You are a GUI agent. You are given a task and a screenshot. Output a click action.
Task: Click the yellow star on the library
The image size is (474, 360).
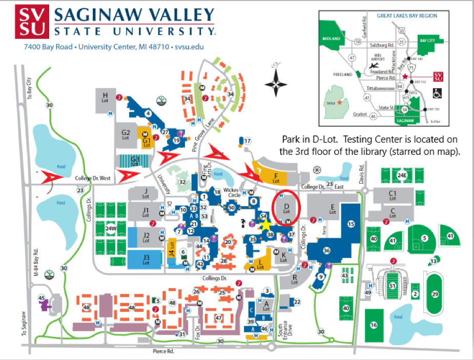click(265, 224)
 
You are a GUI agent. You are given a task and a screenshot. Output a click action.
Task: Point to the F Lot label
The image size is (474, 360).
click(276, 178)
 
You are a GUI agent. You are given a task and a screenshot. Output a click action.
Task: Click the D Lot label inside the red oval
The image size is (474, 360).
click(286, 208)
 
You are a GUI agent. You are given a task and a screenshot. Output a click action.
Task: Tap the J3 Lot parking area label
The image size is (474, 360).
click(146, 259)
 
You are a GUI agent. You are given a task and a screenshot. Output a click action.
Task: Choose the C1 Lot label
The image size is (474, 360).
click(393, 195)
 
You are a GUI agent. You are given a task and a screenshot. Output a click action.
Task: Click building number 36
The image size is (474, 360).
click(326, 250)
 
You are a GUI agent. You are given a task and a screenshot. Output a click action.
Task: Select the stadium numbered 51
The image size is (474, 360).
click(393, 286)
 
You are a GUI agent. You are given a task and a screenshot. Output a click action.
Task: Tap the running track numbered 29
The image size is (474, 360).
click(436, 293)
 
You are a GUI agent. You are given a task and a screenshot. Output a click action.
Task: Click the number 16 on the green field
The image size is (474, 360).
click(374, 325)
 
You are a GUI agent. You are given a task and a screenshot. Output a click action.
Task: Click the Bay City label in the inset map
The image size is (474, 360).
click(426, 39)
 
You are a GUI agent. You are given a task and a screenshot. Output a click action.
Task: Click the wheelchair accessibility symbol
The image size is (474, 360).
click(437, 93)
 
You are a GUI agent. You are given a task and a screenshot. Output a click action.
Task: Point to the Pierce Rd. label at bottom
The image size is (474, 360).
click(163, 351)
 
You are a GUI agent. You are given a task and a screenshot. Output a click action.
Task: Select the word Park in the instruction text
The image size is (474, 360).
click(291, 139)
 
